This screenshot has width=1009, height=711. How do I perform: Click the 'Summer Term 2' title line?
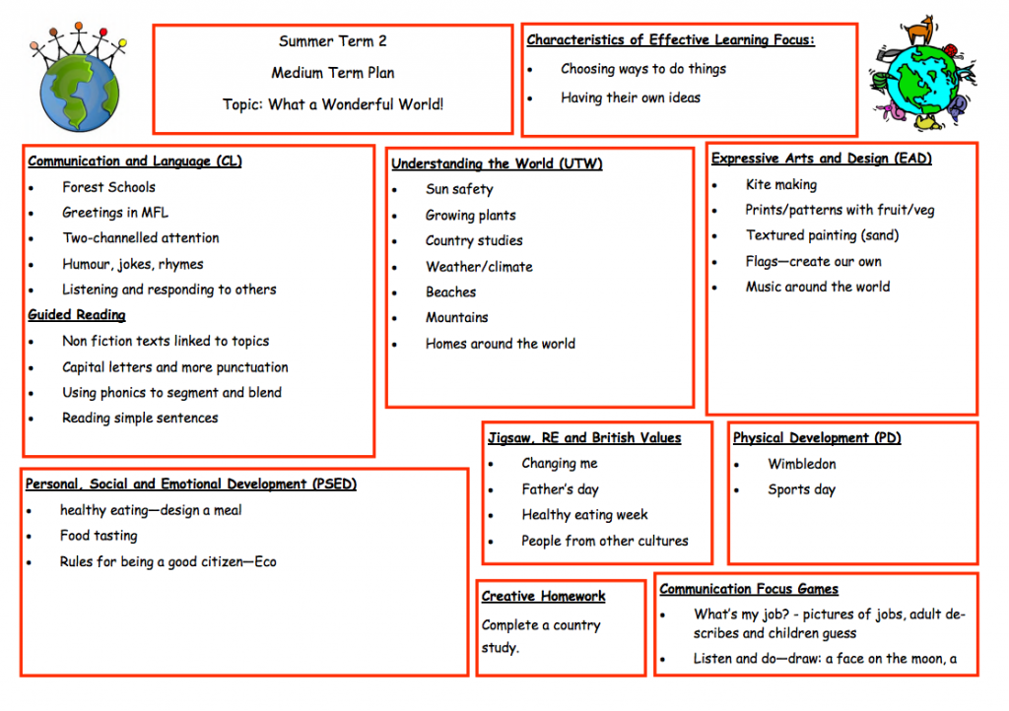click(x=333, y=41)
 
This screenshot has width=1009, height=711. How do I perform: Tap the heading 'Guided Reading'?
click(x=77, y=315)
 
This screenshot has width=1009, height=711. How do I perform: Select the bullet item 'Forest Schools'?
click(x=108, y=187)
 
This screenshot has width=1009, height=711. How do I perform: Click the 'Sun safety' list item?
click(x=459, y=190)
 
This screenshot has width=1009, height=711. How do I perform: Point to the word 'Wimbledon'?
click(x=802, y=464)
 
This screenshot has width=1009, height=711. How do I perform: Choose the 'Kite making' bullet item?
click(x=781, y=185)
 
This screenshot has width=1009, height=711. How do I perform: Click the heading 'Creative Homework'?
click(x=543, y=597)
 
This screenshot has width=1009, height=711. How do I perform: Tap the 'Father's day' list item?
click(x=560, y=489)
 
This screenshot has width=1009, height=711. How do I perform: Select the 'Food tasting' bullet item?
click(x=99, y=536)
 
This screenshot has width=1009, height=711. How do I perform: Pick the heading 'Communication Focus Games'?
click(x=749, y=589)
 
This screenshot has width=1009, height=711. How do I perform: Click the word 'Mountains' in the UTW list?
click(x=457, y=317)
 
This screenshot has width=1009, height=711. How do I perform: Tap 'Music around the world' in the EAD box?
click(x=818, y=287)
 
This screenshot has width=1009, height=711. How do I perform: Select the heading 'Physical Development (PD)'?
click(x=817, y=438)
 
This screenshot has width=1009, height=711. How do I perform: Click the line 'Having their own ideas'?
click(x=630, y=97)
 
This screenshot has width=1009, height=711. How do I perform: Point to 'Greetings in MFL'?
click(x=115, y=213)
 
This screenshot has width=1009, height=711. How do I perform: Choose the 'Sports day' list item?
click(x=801, y=489)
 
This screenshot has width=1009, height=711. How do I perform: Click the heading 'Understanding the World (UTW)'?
click(x=497, y=163)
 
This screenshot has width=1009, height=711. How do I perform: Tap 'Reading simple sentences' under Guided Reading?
click(x=140, y=419)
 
